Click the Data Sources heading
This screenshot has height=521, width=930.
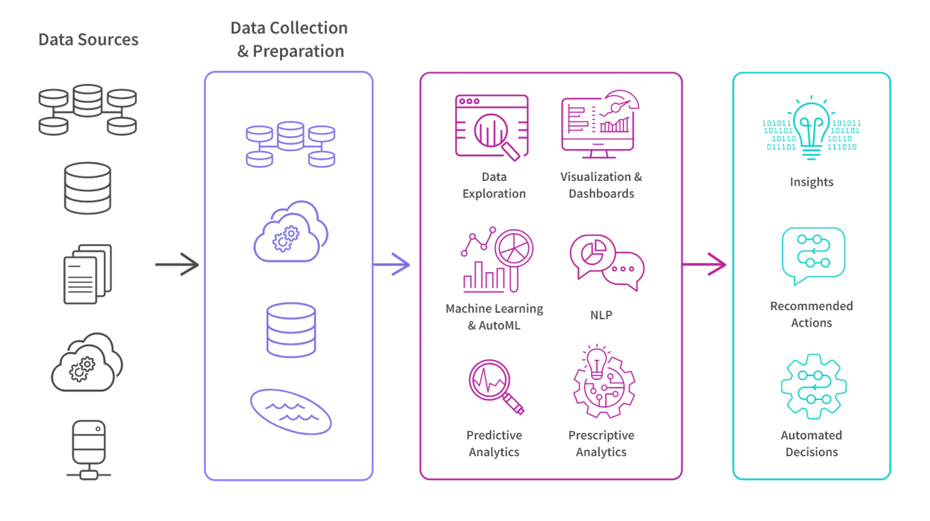[x=89, y=40]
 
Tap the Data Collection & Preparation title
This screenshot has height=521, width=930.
[x=289, y=40]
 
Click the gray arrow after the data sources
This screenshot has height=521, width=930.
[x=177, y=264]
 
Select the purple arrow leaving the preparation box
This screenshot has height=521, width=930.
[x=392, y=264]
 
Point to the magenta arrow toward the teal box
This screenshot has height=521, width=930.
[x=705, y=264]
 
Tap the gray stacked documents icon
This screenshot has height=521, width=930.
[x=87, y=274]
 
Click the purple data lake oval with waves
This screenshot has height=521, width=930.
[x=291, y=412]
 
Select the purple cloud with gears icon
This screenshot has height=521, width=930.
[x=291, y=232]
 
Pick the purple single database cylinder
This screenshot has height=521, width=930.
[x=291, y=330]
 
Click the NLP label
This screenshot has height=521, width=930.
[x=601, y=315]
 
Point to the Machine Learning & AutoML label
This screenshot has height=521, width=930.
[x=494, y=317]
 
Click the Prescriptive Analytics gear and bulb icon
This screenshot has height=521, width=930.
[x=603, y=381]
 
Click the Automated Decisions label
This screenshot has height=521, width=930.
[x=812, y=444]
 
